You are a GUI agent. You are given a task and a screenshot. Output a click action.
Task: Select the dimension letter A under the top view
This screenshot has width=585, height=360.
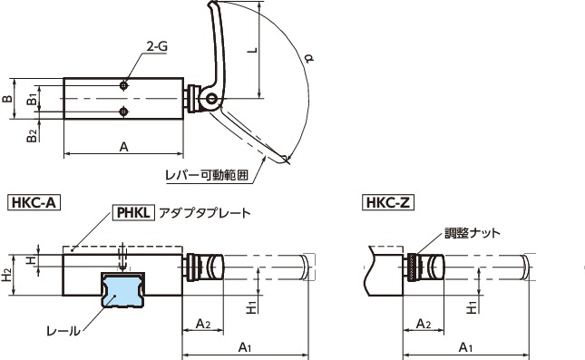[123, 147]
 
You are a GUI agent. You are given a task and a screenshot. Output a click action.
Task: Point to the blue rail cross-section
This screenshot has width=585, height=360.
[123, 294]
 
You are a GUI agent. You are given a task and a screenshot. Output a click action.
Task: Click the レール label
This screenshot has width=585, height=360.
[62, 331]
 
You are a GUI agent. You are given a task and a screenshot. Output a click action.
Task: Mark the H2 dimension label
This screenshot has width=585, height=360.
[7, 274]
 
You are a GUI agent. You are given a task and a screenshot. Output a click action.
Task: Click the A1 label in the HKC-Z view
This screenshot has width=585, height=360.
[464, 346]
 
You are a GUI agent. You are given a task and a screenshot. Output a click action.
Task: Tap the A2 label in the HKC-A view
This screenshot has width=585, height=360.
[203, 324]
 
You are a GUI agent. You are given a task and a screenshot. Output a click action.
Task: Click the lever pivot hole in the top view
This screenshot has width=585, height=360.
[212, 98]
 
